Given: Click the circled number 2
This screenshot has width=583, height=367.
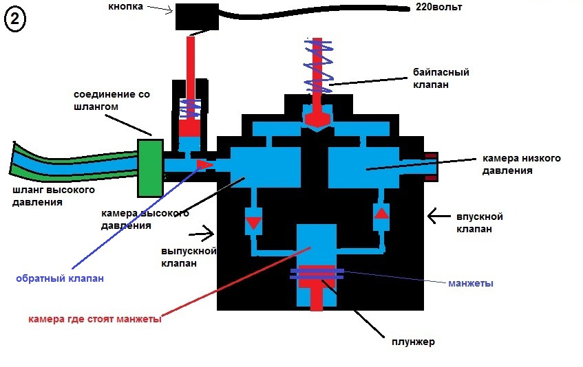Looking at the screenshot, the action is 15,19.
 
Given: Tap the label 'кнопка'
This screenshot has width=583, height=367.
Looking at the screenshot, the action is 126,6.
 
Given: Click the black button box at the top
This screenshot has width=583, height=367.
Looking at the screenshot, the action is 197,16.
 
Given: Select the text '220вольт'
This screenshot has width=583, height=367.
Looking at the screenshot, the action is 438,7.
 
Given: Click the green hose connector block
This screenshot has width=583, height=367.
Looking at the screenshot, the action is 150,168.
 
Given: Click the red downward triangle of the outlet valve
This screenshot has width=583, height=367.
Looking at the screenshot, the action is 253,223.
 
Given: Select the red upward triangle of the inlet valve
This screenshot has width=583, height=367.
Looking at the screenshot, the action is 381,213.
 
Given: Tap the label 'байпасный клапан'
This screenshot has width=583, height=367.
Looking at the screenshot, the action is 441,78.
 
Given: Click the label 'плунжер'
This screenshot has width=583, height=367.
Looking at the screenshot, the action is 413,342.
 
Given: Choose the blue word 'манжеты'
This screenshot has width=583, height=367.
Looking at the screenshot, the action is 471,283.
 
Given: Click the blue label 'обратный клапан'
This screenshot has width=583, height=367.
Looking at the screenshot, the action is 60,278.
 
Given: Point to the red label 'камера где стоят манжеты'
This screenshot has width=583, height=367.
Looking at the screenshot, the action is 95,319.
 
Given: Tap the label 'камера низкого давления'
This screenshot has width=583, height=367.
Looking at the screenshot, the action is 521,164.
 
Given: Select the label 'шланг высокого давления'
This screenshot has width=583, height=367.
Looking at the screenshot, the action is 54,197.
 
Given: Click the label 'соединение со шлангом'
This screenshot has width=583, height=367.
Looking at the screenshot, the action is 112,100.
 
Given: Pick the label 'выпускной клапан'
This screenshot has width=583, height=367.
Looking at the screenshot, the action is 189,257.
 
